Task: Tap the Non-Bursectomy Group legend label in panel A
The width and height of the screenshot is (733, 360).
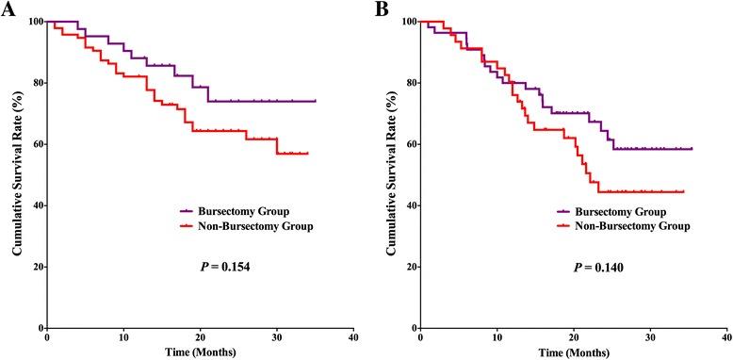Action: tap(249, 227)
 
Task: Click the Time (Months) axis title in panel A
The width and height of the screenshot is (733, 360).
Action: tap(197, 352)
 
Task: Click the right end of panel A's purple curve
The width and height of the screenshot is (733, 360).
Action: tap(315, 101)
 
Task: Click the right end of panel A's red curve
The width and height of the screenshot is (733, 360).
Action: tap(307, 153)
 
